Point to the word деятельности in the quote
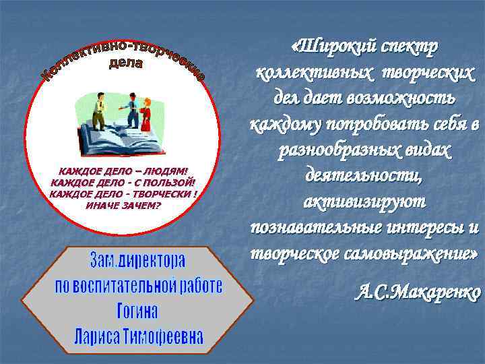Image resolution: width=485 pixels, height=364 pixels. tap(364, 176)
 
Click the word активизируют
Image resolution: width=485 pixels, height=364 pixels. tap(364, 201)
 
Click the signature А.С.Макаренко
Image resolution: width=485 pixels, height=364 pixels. tap(418, 293)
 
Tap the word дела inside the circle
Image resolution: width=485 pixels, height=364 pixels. tap(126, 64)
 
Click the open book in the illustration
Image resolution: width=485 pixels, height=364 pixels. tap(125, 138)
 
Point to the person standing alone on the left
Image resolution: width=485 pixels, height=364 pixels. tap(98, 111)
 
